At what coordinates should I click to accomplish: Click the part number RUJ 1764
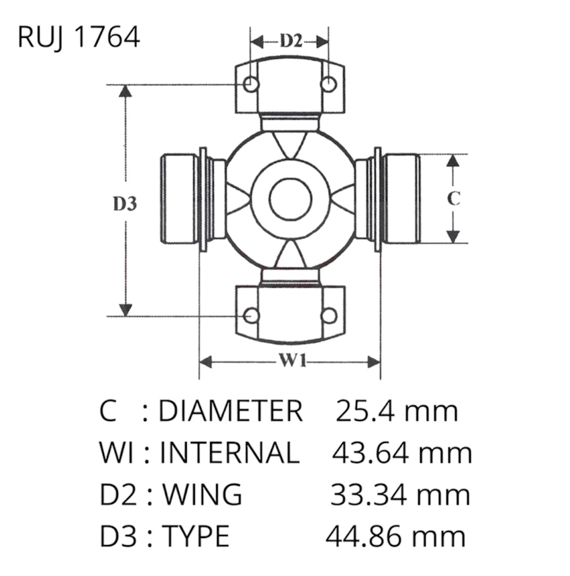(x=78, y=37)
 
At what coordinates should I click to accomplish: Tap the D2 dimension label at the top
(x=291, y=41)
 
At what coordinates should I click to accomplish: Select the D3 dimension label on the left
(x=125, y=204)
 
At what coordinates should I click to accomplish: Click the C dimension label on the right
(x=454, y=198)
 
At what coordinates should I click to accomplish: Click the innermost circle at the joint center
(x=290, y=199)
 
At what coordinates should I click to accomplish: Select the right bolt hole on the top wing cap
(x=329, y=84)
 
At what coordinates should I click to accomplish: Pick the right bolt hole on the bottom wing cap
(x=329, y=316)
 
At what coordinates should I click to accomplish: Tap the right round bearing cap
(x=401, y=198)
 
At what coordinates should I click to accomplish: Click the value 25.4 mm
(x=396, y=410)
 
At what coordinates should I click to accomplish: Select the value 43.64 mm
(x=402, y=452)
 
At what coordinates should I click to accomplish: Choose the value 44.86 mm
(x=395, y=536)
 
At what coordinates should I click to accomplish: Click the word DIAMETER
(x=230, y=410)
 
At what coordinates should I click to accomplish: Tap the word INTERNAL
(x=229, y=452)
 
